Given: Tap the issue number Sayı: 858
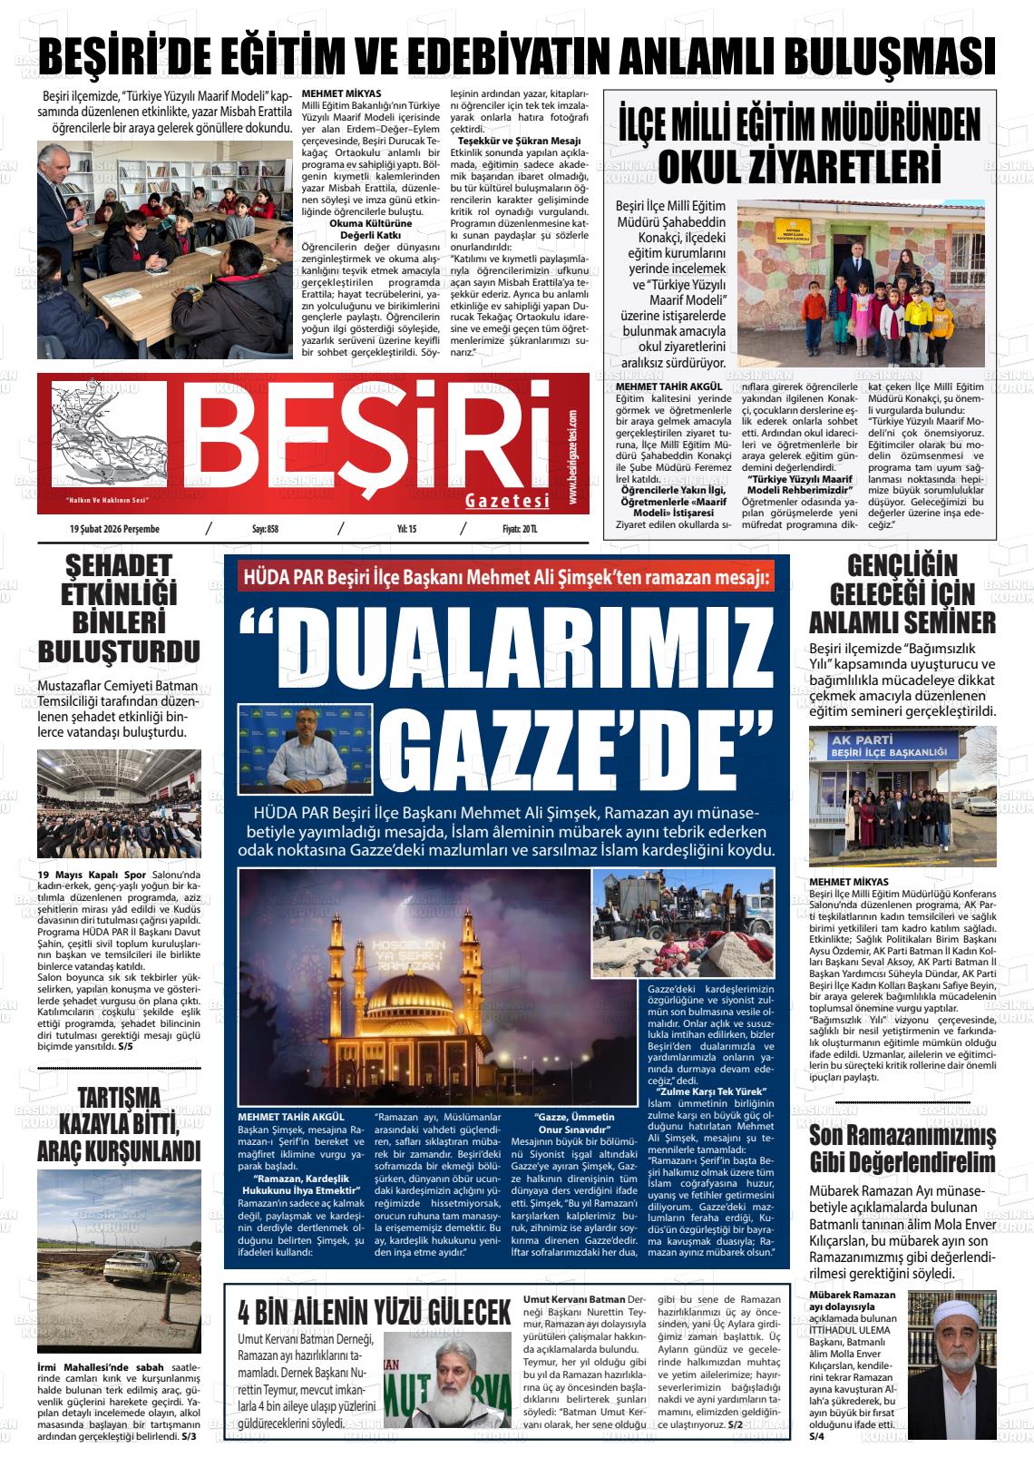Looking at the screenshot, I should tap(265, 529).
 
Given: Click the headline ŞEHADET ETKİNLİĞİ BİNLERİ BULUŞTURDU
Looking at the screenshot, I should tap(119, 611).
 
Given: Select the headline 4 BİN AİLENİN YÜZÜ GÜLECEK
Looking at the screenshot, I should tap(375, 1313).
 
